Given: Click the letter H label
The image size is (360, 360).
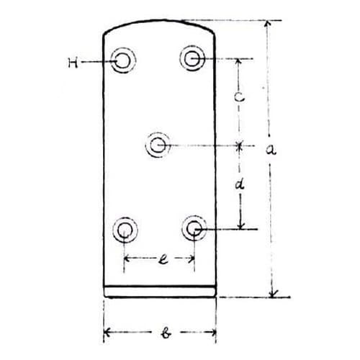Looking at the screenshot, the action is click(73, 63).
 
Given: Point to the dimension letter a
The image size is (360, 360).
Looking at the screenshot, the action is click(271, 150).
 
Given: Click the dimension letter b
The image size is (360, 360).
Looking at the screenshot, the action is click(166, 333).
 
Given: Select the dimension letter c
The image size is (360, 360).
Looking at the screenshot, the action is click(239, 97).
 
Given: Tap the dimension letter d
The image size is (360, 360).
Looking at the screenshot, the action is click(240, 184).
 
